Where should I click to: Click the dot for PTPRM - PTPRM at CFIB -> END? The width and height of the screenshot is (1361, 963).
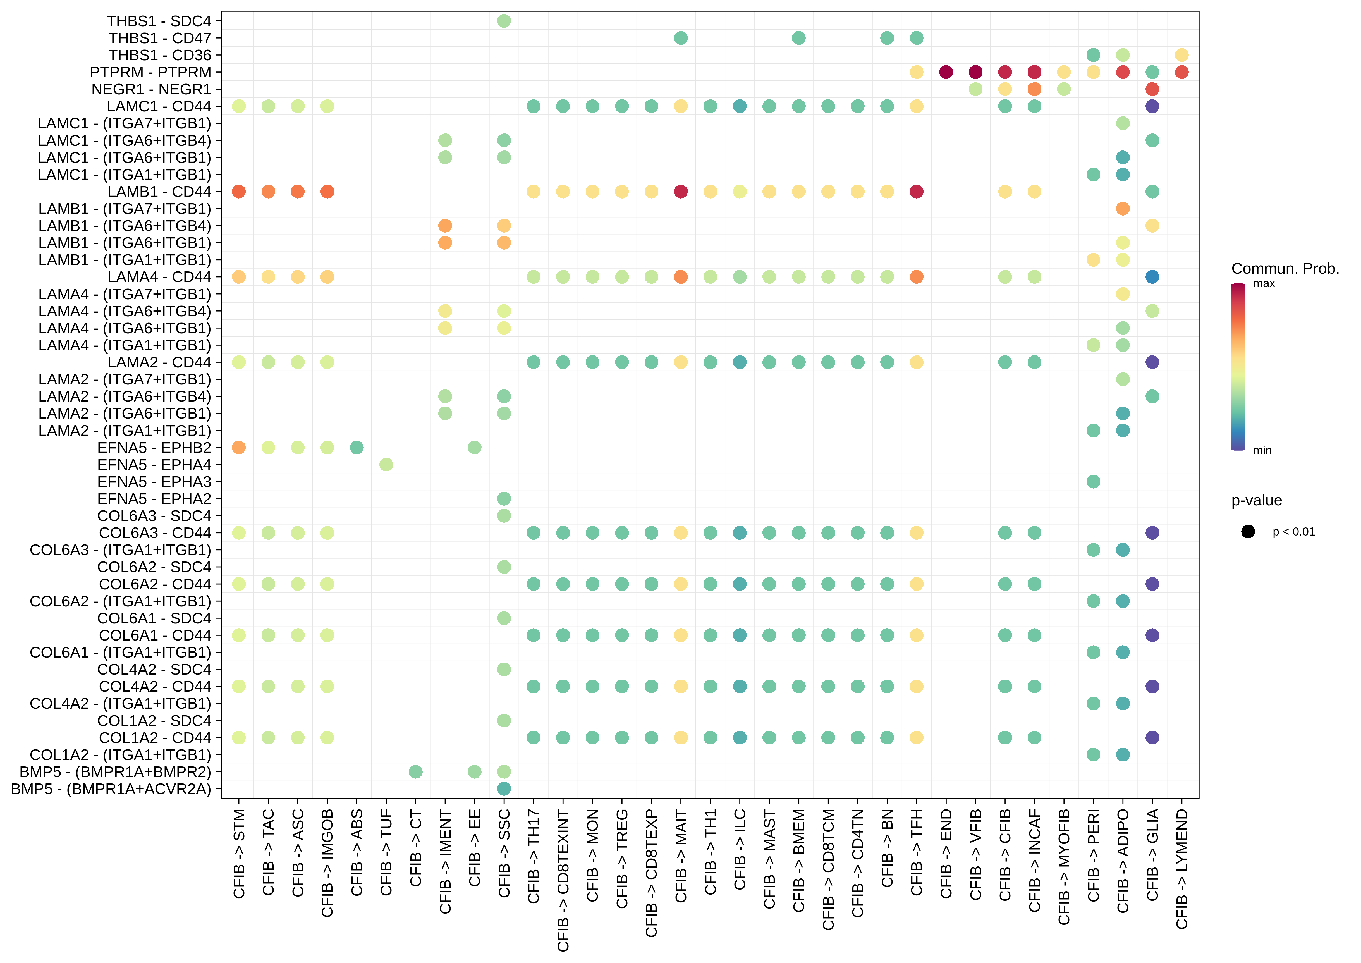(x=946, y=72)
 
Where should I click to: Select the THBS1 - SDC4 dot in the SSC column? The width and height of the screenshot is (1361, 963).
(x=504, y=21)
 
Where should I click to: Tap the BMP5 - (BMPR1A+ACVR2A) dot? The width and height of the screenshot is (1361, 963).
(x=504, y=789)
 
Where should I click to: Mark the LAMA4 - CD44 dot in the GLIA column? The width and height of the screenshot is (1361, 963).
(x=1152, y=277)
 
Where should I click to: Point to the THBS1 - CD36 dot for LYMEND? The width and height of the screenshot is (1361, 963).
(x=1181, y=55)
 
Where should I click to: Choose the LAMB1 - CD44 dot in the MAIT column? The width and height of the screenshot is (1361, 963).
(x=681, y=192)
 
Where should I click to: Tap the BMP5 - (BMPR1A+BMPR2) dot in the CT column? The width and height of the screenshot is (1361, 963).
(x=415, y=771)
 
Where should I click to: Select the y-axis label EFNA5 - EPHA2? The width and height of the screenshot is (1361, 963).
(x=154, y=499)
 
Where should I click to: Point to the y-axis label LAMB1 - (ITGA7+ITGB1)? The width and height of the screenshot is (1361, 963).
(x=125, y=209)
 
